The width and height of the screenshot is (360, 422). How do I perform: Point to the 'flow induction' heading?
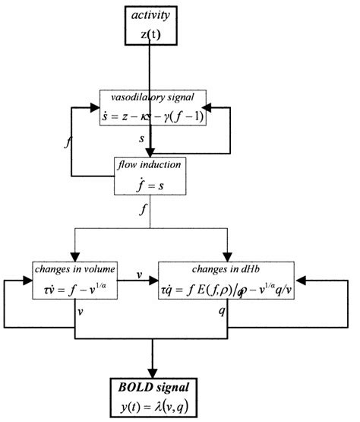pos(148,165)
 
